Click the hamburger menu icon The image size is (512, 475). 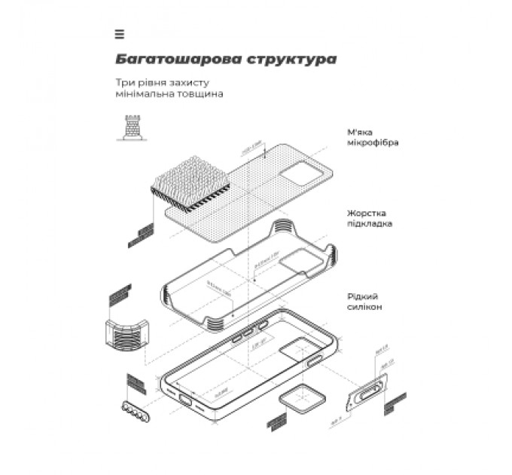click(x=120, y=34)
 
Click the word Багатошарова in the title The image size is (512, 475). click(x=178, y=59)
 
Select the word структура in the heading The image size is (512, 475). click(x=291, y=59)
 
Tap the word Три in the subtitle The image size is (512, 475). click(x=124, y=82)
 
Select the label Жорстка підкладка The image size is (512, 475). click(x=370, y=218)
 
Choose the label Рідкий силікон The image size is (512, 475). click(x=365, y=302)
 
